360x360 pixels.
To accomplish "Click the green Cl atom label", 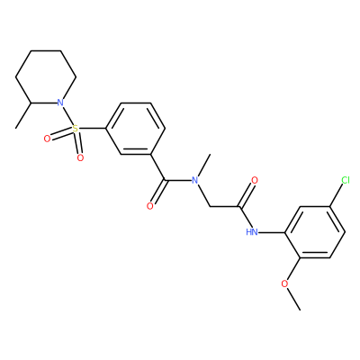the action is point(346,180).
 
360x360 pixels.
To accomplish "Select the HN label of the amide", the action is point(252,232).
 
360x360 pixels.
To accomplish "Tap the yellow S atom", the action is point(76,129).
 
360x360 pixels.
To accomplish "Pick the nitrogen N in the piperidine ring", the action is point(60,103).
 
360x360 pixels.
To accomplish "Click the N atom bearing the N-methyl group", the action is point(195,180).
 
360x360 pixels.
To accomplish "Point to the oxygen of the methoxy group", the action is point(285,283).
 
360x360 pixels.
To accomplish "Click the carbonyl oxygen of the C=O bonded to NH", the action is point(255,180).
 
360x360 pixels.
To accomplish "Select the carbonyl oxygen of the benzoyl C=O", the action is point(150,206).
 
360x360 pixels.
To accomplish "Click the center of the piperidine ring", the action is point(46,77).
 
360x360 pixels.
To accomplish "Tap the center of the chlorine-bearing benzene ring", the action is point(315,232).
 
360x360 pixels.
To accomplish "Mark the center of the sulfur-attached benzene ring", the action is point(135,129).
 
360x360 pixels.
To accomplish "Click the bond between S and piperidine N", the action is point(68,116).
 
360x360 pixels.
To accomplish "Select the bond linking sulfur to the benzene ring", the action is point(92,129).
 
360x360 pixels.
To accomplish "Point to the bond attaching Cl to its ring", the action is point(337,195).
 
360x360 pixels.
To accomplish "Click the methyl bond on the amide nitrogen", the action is point(203,166).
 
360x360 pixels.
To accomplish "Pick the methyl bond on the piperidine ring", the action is point(23,116).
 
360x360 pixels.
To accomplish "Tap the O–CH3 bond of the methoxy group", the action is point(293,299).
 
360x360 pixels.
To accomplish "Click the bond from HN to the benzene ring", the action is point(272,232).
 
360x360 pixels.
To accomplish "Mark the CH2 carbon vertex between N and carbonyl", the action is point(210,206).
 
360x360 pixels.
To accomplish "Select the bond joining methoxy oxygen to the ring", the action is point(293,269).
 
